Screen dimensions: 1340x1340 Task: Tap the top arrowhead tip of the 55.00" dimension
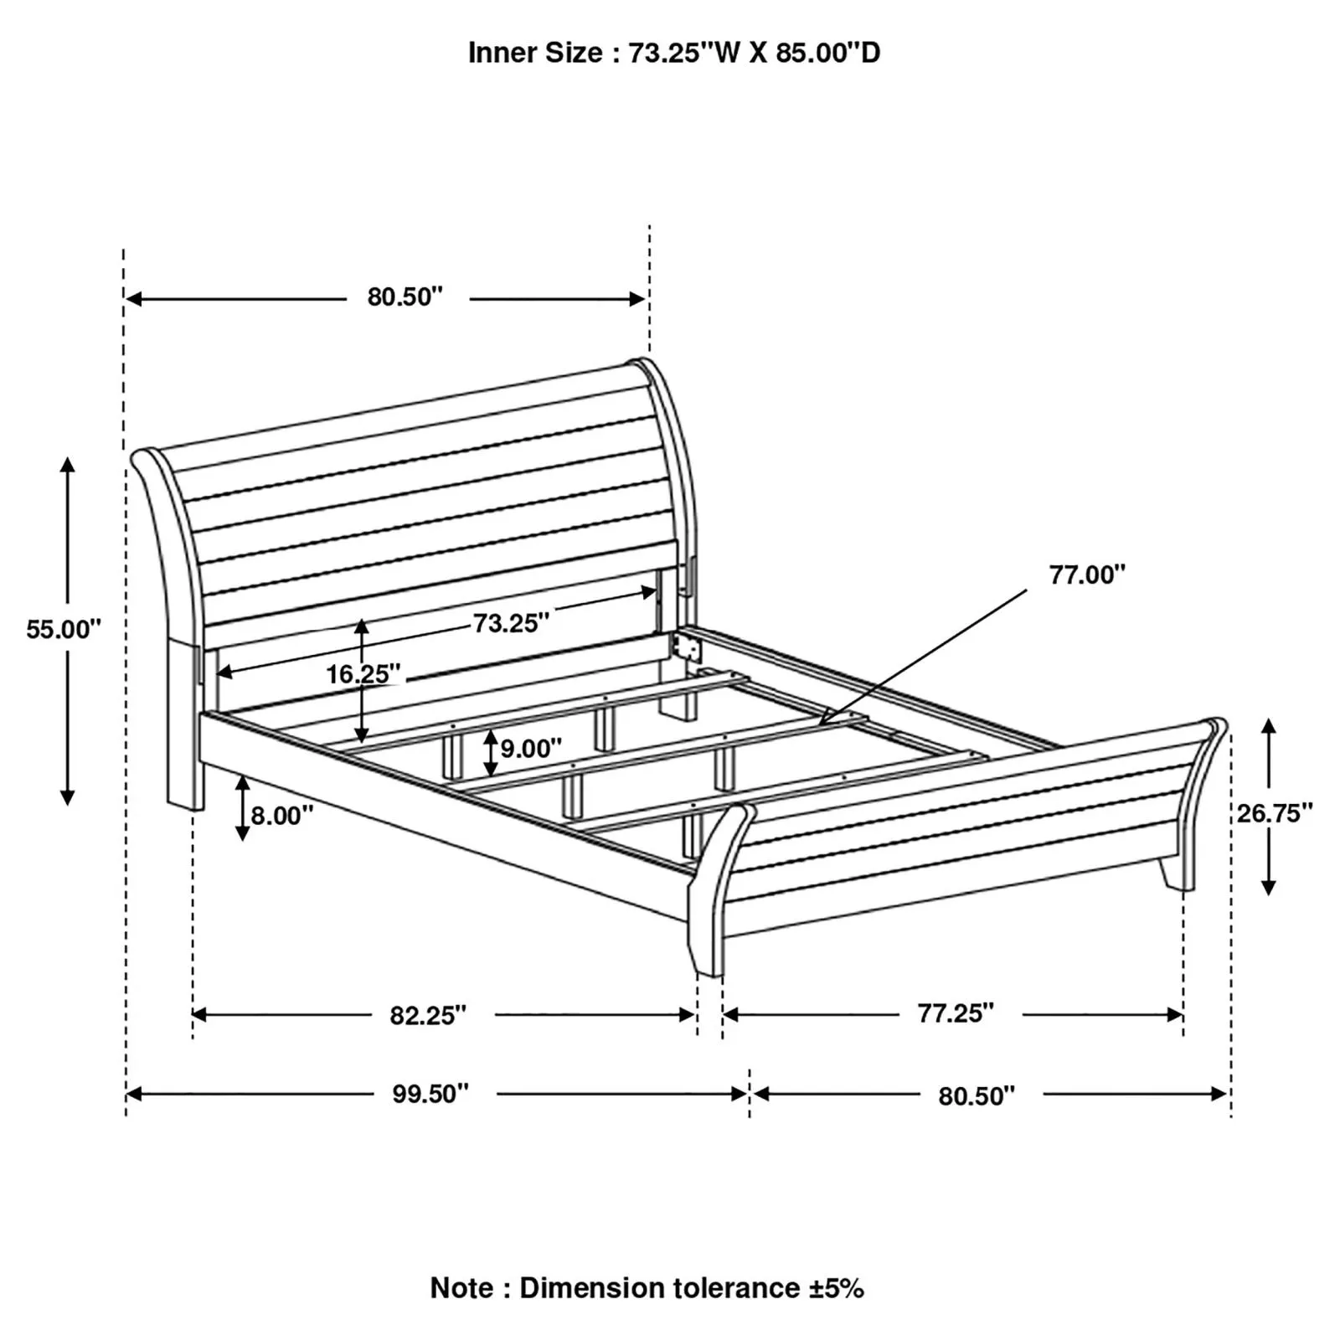[x=68, y=456]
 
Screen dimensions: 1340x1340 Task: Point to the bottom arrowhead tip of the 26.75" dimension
[x=1269, y=895]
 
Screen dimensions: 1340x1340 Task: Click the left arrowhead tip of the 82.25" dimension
[x=193, y=1015]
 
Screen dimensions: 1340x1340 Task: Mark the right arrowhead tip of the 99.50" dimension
[x=747, y=1094]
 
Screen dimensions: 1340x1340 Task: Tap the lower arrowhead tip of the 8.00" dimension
[x=242, y=840]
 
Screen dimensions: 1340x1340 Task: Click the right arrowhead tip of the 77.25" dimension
[x=1183, y=1015]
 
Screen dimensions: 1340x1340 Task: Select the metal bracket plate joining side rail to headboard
[x=686, y=647]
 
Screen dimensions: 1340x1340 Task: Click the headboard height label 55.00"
[x=64, y=630]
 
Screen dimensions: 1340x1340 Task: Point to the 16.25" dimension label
[x=363, y=673]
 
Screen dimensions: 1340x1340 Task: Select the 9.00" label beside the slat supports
[x=531, y=748]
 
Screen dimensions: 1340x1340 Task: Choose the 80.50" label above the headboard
[x=405, y=296]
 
